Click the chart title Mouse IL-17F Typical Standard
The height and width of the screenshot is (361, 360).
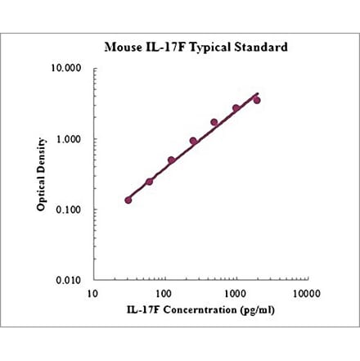tap(196, 47)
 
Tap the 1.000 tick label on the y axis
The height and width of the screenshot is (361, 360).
tap(70, 139)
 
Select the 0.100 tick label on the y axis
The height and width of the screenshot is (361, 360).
tap(70, 210)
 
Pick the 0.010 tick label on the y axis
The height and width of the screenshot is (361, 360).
tap(70, 280)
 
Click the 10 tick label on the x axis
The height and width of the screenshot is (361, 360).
tap(94, 293)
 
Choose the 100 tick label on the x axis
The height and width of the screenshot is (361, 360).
tap(164, 293)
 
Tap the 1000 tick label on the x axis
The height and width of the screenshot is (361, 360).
tap(236, 293)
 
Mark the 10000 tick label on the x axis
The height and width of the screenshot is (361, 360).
tap(306, 293)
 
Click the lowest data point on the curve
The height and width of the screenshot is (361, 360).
tap(128, 200)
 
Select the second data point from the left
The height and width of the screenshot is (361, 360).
tap(149, 182)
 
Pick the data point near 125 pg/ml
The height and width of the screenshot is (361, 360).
tap(172, 160)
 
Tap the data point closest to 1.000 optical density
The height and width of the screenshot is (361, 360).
tap(193, 141)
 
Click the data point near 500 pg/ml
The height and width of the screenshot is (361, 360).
tap(214, 123)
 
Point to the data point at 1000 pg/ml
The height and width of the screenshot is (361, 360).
tap(236, 108)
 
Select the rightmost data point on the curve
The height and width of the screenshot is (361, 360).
tap(257, 100)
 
